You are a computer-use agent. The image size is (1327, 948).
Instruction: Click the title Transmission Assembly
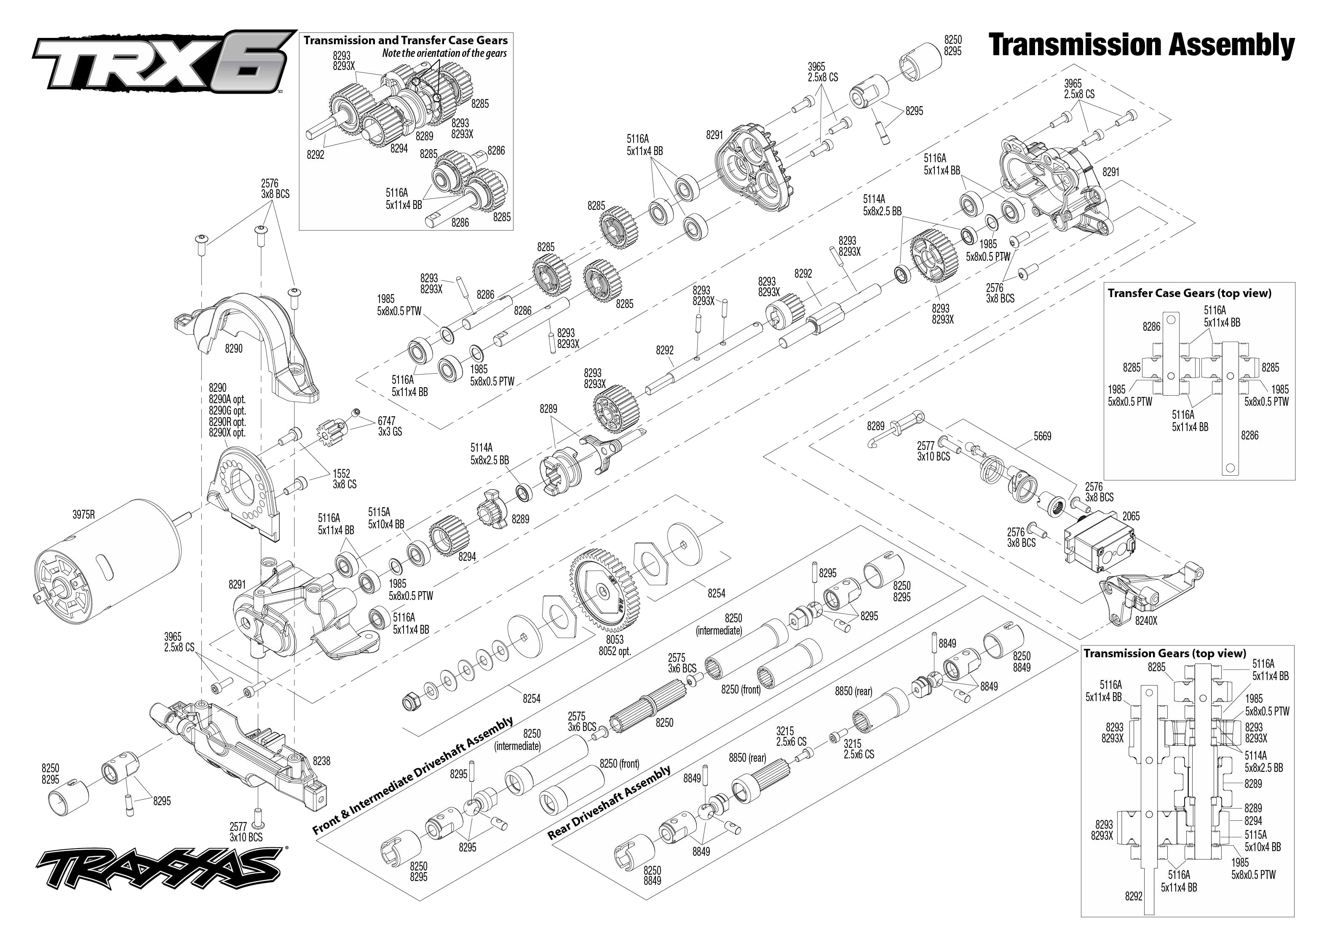1141,45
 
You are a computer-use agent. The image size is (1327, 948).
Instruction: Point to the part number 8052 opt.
615,651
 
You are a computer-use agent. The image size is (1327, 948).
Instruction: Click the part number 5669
1042,436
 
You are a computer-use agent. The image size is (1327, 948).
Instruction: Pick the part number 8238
321,761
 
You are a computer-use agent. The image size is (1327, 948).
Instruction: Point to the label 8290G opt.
227,410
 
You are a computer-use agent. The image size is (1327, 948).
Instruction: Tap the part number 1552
341,474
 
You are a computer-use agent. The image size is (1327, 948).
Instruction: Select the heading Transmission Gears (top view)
1165,653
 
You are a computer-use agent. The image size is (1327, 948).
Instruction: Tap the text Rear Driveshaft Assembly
609,802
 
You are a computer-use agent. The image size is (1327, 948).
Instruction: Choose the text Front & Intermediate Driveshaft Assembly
412,776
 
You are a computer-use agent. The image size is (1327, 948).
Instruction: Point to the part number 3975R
83,514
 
